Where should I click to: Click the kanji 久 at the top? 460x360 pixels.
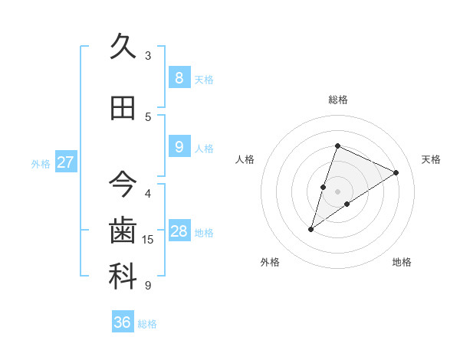click(x=123, y=47)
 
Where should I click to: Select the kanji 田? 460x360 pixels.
click(x=123, y=108)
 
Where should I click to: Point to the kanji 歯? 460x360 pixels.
click(x=123, y=231)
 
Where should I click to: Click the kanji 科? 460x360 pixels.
click(x=123, y=277)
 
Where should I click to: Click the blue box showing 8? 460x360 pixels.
click(x=179, y=77)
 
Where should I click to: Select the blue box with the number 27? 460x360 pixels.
click(x=65, y=162)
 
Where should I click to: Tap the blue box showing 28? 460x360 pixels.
click(x=179, y=231)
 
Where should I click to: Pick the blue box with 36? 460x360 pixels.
click(x=123, y=322)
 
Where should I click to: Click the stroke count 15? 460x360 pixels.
click(x=148, y=240)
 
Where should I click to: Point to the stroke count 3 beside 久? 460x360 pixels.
click(x=148, y=56)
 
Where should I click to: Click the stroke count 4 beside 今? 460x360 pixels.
click(x=148, y=193)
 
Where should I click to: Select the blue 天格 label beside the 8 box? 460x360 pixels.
click(x=204, y=80)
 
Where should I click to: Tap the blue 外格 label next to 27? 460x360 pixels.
click(x=40, y=164)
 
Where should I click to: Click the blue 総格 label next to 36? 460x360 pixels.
click(x=147, y=324)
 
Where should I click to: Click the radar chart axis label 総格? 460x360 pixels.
click(x=337, y=100)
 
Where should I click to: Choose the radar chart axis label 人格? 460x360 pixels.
click(x=245, y=159)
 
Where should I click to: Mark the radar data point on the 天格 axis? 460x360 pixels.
click(x=396, y=172)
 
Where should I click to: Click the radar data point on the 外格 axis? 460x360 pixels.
click(x=310, y=229)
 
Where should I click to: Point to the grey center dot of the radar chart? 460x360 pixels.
click(x=337, y=191)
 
